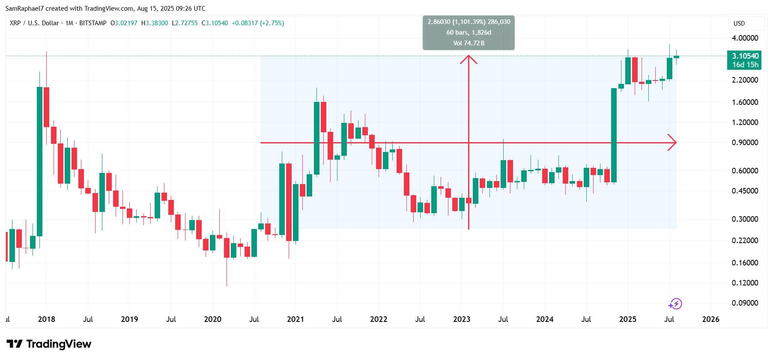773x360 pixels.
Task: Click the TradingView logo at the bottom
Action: [x=49, y=344]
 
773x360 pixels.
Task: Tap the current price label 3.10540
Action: [x=745, y=56]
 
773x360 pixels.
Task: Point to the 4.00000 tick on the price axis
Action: [x=745, y=38]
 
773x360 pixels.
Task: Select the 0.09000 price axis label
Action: [x=745, y=303]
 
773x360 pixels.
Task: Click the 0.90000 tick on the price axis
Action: [x=745, y=143]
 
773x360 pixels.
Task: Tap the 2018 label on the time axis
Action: [x=46, y=319]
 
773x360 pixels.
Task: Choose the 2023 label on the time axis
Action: [x=462, y=319]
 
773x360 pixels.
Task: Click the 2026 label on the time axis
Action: [x=710, y=319]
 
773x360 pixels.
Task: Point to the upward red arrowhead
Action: [x=469, y=59]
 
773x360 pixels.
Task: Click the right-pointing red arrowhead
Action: [x=673, y=143]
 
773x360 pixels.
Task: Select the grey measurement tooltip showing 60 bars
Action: [x=469, y=33]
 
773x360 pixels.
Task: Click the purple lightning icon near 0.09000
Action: [x=675, y=304]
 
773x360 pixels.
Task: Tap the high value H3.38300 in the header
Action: [x=155, y=23]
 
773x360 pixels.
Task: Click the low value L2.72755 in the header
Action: [x=185, y=23]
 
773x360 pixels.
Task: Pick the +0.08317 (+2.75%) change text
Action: [x=258, y=23]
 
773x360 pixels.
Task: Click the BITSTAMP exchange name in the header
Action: [x=93, y=23]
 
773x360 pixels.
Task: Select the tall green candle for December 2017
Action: [x=40, y=161]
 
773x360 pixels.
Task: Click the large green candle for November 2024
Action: [x=614, y=136]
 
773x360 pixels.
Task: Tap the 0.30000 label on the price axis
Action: [x=745, y=219]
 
